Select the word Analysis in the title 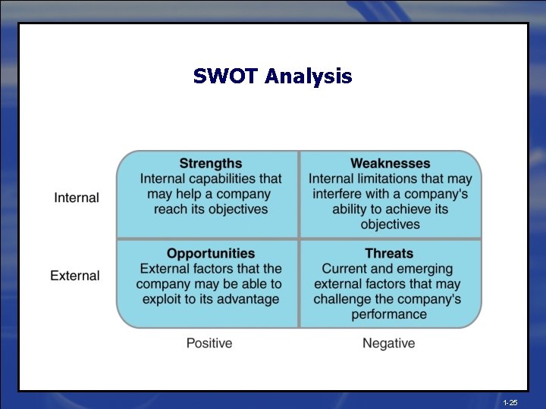point(309,77)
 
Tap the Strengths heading point(211,164)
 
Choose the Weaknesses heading point(390,164)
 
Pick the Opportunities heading point(211,254)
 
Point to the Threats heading point(389,254)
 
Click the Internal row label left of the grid point(77,198)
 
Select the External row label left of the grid point(75,276)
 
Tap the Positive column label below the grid point(209,343)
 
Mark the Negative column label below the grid point(389,343)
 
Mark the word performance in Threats point(389,314)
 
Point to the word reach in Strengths point(171,209)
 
